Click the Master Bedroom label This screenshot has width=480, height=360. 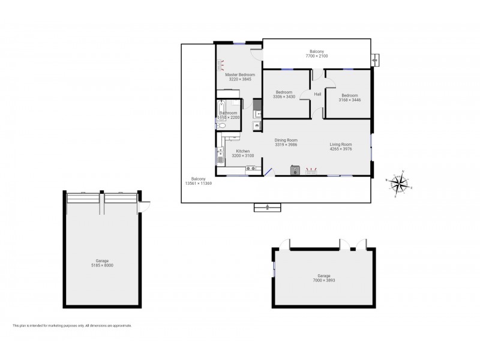click(x=239, y=74)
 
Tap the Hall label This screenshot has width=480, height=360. click(x=317, y=94)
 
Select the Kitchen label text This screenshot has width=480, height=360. click(x=242, y=151)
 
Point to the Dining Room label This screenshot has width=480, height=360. click(x=286, y=140)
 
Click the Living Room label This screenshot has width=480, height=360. click(x=340, y=144)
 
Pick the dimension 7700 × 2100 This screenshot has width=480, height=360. click(x=316, y=56)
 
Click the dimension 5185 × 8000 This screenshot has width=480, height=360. click(x=102, y=265)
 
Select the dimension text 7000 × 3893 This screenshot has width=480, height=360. click(x=323, y=280)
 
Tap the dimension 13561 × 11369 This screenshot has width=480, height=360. click(x=199, y=183)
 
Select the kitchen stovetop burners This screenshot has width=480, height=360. click(x=251, y=169)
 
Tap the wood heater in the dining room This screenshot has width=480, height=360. click(x=294, y=170)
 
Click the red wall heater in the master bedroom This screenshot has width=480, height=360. click(x=220, y=63)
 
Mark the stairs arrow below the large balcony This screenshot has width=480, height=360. click(x=267, y=208)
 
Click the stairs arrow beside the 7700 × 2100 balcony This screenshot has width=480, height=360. click(x=376, y=60)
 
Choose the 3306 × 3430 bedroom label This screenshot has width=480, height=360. click(x=284, y=94)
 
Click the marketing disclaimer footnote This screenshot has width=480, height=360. click(x=72, y=326)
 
